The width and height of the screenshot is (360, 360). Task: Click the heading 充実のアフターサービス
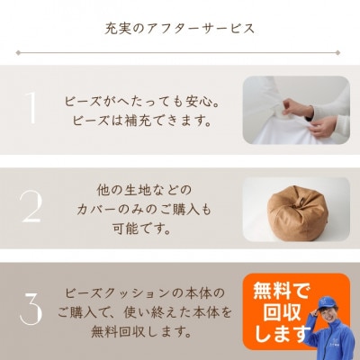[x=179, y=28]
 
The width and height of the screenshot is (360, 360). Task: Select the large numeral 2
[x=31, y=207]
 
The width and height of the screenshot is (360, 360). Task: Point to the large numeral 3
[x=31, y=309]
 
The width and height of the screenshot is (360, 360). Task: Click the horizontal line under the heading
[x=179, y=51]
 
